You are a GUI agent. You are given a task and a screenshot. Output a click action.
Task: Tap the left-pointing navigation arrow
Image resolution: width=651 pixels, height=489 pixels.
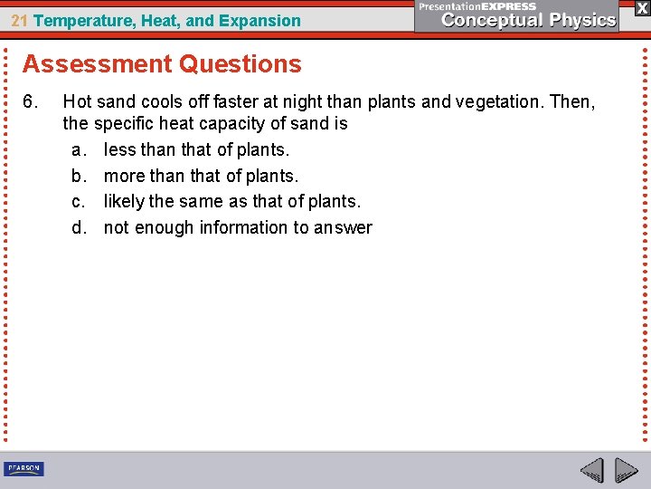click(591, 471)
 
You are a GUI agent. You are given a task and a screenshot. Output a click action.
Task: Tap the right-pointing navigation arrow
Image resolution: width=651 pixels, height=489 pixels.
click(626, 471)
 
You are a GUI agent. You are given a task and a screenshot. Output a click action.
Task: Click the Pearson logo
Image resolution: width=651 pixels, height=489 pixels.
click(24, 469)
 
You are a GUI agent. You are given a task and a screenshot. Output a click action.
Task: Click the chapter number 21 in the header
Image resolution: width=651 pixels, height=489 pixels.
click(18, 20)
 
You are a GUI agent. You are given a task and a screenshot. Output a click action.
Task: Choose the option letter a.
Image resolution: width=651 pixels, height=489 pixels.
click(79, 149)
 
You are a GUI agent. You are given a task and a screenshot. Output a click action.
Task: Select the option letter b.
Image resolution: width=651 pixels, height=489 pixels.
click(79, 176)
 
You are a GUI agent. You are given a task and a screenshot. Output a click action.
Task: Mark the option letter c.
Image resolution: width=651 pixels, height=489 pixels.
click(79, 201)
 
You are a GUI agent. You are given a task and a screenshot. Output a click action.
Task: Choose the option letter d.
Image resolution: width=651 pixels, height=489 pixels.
click(79, 227)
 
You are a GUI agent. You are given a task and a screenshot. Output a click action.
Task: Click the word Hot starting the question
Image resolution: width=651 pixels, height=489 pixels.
click(77, 102)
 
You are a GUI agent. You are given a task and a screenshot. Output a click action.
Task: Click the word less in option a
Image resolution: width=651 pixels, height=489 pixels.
click(119, 149)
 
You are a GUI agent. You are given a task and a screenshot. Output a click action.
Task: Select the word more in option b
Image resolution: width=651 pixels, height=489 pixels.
click(124, 176)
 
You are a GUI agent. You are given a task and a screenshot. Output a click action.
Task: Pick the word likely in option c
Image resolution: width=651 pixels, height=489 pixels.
click(124, 201)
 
